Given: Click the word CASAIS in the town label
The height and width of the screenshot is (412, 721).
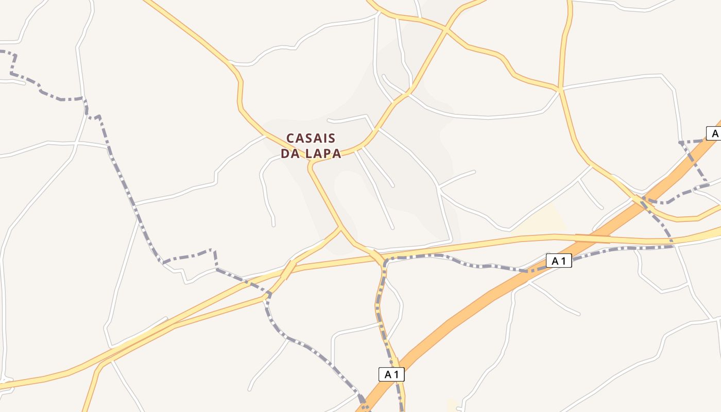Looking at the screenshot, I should (x=311, y=139).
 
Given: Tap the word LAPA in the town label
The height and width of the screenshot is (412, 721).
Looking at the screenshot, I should (x=323, y=153).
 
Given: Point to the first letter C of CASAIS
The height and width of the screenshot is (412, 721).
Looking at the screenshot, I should (x=290, y=139).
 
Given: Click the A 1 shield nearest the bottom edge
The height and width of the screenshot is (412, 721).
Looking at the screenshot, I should (x=391, y=374).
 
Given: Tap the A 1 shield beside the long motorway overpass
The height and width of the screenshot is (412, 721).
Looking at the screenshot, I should (x=559, y=261).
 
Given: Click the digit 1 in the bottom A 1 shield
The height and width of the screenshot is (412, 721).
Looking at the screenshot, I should (x=397, y=374).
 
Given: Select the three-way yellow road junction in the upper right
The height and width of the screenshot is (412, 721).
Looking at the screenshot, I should (x=560, y=89).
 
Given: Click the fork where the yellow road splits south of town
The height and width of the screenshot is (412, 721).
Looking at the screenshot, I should (x=340, y=228).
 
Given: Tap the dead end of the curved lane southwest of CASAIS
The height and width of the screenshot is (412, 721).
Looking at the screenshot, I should (x=273, y=225).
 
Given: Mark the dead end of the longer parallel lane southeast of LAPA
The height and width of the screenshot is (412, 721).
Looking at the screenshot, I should (x=392, y=228).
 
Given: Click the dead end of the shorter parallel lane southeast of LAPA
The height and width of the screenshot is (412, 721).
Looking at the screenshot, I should (x=393, y=186).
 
